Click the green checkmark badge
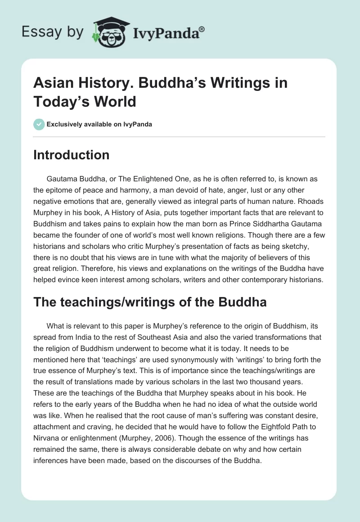point(39,124)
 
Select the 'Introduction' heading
point(72,155)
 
